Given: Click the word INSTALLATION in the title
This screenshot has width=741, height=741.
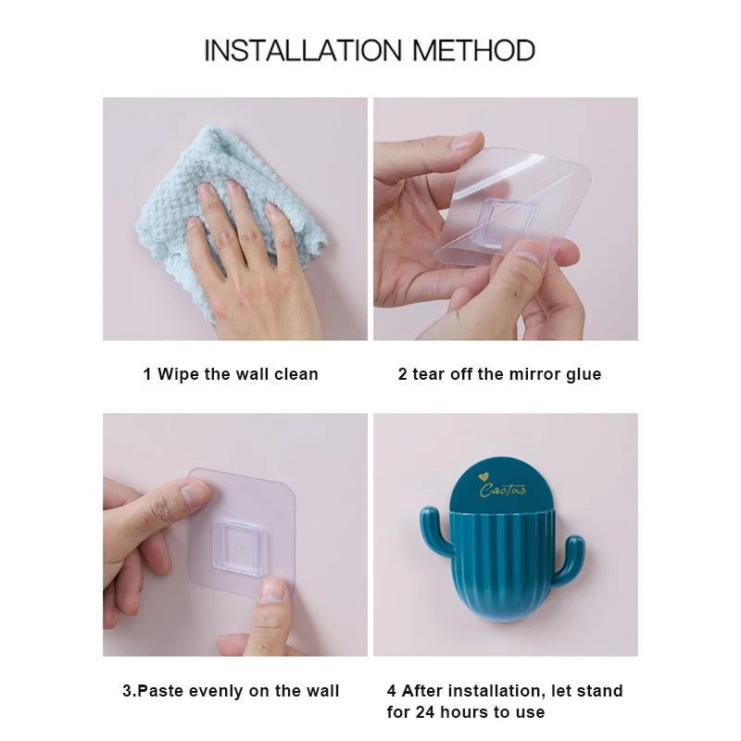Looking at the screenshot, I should click(304, 50).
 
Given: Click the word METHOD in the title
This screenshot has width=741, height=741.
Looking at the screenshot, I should click(473, 50).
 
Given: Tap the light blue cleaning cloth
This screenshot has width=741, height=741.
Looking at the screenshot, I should click(176, 199).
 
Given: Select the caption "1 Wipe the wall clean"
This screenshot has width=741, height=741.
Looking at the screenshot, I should click(231, 374).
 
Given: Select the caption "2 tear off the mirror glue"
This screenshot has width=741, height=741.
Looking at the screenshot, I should click(499, 374).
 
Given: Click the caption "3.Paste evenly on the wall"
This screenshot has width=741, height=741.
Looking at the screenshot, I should click(231, 691).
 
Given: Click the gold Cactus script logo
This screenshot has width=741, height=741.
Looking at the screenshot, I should click(503, 489).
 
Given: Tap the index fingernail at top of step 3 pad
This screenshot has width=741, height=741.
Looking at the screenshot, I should click(195, 491).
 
